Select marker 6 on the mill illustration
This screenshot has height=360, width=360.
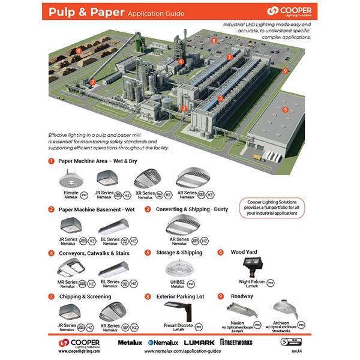pyautogui.click(x=79, y=50)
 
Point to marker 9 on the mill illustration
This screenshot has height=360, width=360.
pyautogui.click(x=285, y=70)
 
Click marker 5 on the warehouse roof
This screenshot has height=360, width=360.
pyautogui.click(x=285, y=110)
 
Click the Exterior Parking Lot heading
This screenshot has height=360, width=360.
pyautogui.click(x=184, y=296)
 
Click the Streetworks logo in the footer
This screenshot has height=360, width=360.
pyautogui.click(x=236, y=342)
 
